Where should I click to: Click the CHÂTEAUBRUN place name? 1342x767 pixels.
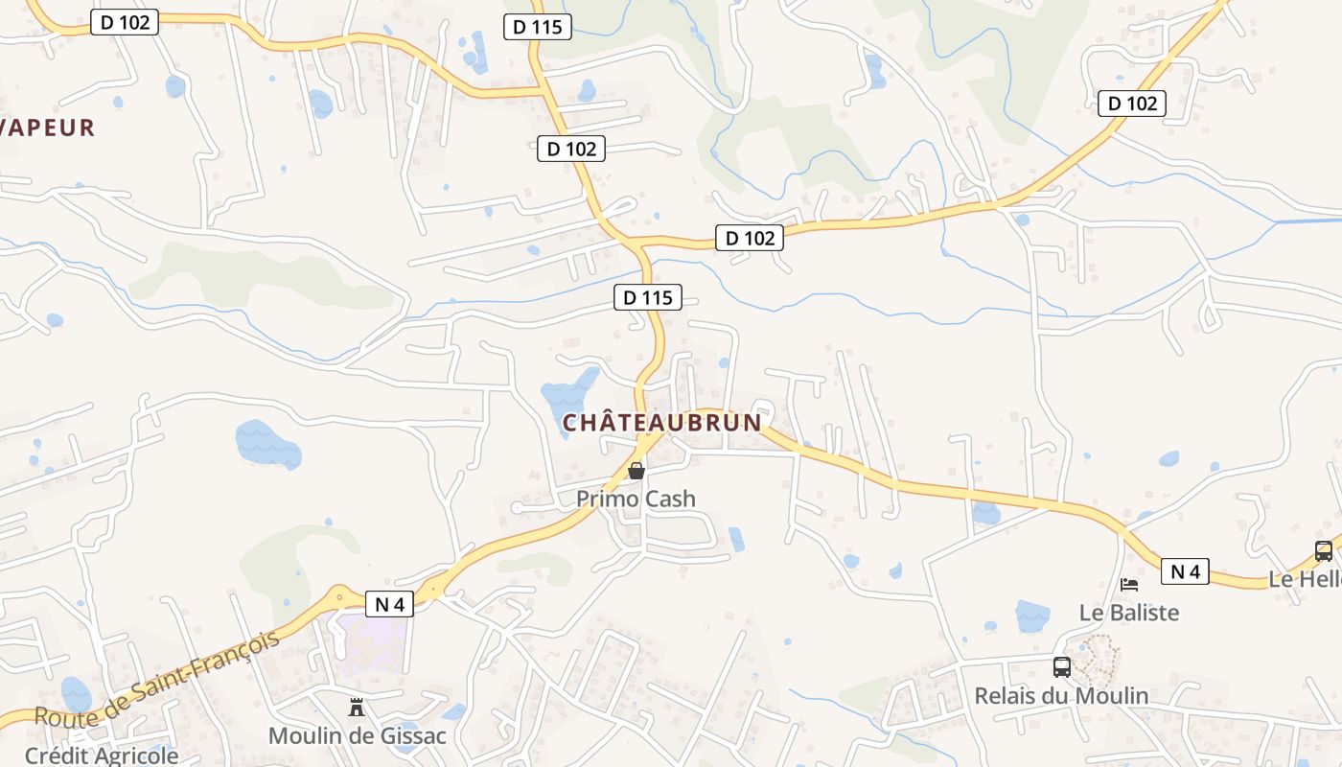pyautogui.click(x=661, y=422)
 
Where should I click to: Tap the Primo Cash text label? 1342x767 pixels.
pyautogui.click(x=636, y=499)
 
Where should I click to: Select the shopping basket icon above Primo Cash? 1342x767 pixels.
pyautogui.click(x=636, y=471)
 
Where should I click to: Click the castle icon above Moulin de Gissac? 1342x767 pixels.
pyautogui.click(x=357, y=708)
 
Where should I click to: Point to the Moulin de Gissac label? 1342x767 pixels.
pyautogui.click(x=357, y=735)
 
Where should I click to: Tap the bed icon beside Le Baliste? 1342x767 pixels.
pyautogui.click(x=1129, y=584)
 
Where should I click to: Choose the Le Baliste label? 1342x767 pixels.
pyautogui.click(x=1129, y=612)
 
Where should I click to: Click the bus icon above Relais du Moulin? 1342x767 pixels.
pyautogui.click(x=1061, y=667)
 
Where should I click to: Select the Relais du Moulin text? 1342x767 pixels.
pyautogui.click(x=1061, y=695)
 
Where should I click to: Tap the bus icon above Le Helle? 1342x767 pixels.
pyautogui.click(x=1323, y=551)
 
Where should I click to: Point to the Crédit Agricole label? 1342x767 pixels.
pyautogui.click(x=102, y=755)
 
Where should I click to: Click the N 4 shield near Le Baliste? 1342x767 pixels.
pyautogui.click(x=1185, y=572)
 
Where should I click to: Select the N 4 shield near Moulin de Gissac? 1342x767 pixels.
pyautogui.click(x=389, y=604)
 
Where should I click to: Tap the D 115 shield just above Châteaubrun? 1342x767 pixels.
pyautogui.click(x=648, y=297)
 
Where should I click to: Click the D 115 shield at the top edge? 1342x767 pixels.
pyautogui.click(x=538, y=27)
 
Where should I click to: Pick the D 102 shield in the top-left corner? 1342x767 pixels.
pyautogui.click(x=125, y=22)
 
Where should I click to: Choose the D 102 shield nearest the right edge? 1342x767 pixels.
pyautogui.click(x=1132, y=104)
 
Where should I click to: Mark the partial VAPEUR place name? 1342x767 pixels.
pyautogui.click(x=48, y=128)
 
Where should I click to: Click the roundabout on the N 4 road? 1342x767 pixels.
pyautogui.click(x=339, y=597)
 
